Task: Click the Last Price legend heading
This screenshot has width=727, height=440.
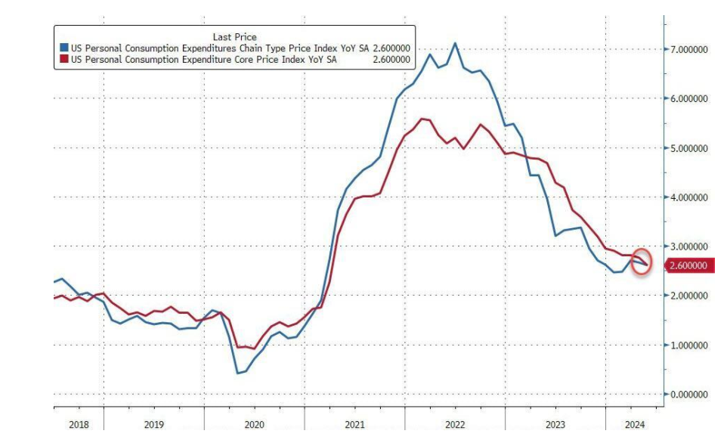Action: click(235, 36)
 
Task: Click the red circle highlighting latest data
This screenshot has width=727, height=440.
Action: click(641, 261)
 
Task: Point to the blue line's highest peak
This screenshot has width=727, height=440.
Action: click(455, 43)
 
